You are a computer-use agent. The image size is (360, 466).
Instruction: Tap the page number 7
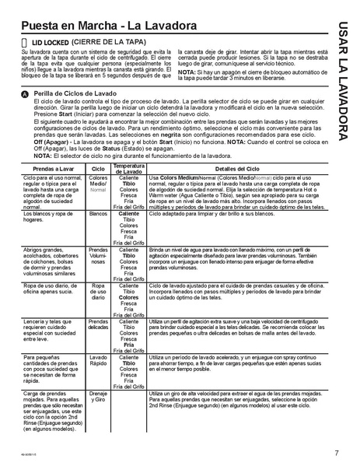tap(336, 453)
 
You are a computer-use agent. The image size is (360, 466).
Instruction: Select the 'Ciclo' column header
tap(98, 169)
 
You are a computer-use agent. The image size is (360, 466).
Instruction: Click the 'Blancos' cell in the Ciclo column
tap(98, 213)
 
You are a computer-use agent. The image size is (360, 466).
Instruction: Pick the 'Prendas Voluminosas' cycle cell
tap(98, 256)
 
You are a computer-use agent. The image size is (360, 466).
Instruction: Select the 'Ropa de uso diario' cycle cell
tap(98, 291)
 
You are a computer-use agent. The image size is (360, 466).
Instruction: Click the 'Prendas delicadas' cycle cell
tap(98, 324)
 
